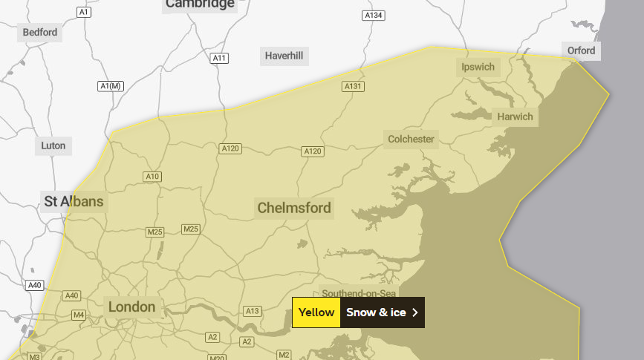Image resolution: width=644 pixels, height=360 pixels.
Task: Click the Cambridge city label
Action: tap(200, 4)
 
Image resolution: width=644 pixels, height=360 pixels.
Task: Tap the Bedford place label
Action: tap(39, 32)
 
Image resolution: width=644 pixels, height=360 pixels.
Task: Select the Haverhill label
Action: tap(284, 56)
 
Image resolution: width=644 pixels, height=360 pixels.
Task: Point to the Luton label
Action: tap(53, 145)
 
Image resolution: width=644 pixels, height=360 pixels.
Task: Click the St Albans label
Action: tap(74, 201)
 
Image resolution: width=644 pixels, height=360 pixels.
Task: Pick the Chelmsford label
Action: tap(294, 208)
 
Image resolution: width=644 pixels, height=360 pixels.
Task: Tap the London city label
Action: tap(131, 307)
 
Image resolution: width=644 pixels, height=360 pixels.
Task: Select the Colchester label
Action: tap(411, 139)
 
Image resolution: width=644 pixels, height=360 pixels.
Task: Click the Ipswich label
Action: tap(478, 67)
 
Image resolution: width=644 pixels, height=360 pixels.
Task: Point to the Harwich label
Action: tap(515, 117)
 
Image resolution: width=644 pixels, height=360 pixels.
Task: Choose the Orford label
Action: tap(581, 50)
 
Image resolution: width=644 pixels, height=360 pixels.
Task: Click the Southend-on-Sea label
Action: tap(359, 292)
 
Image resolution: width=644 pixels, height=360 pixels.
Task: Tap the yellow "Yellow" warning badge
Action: tap(316, 312)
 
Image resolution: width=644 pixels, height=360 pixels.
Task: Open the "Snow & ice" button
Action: tap(376, 312)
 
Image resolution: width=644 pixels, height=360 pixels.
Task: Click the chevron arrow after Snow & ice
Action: tap(414, 312)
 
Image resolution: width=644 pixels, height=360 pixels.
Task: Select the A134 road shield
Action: tap(373, 16)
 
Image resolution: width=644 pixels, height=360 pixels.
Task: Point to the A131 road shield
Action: tap(354, 87)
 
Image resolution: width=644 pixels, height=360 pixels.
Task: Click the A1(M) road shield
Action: tap(110, 86)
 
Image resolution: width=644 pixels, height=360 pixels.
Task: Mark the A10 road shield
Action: tap(152, 176)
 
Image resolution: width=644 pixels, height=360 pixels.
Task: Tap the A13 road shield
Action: tap(253, 311)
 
